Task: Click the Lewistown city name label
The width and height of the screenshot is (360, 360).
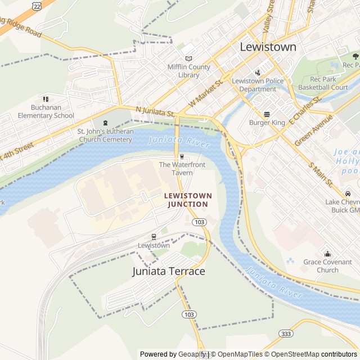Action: click(268, 47)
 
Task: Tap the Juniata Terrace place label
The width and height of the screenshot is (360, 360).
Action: click(169, 271)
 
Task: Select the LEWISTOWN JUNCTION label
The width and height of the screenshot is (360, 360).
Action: click(188, 200)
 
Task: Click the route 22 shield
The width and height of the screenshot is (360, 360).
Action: click(37, 6)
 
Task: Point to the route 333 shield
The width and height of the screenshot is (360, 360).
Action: click(286, 334)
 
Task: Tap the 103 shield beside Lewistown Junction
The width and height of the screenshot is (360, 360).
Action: click(199, 222)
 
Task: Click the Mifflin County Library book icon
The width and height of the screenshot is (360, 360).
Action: click(188, 58)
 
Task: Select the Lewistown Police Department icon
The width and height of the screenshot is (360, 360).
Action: click(258, 72)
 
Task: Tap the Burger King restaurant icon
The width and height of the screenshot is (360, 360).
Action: click(267, 114)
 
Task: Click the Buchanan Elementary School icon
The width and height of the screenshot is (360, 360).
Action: click(46, 99)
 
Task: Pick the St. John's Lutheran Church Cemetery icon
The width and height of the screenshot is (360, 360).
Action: click(105, 123)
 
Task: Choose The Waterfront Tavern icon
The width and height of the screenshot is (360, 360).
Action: click(182, 156)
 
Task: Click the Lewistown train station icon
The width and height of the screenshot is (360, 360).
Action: click(154, 237)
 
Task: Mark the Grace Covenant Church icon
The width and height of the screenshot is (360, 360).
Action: click(327, 253)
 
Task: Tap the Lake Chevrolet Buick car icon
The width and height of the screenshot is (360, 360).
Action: click(348, 193)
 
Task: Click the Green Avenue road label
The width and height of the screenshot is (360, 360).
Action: click(313, 130)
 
